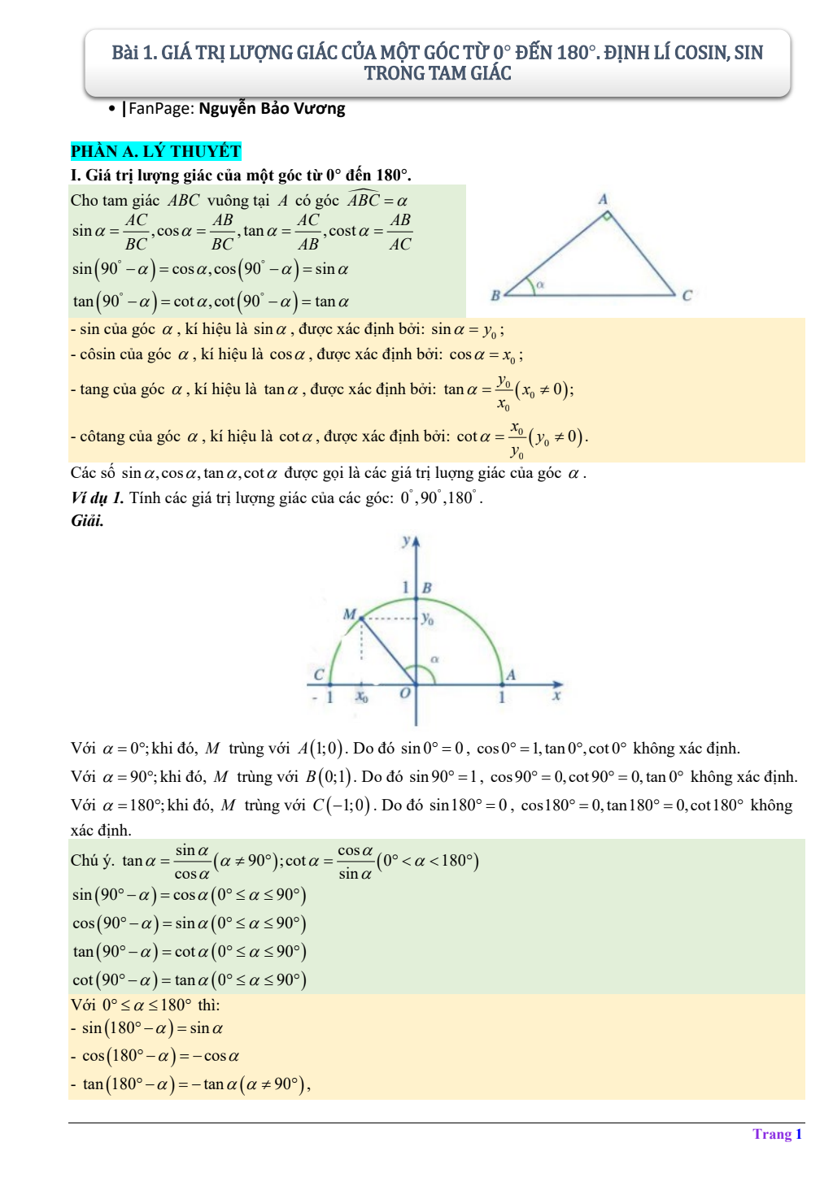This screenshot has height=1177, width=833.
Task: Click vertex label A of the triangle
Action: click(603, 199)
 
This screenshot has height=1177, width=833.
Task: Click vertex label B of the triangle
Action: click(495, 296)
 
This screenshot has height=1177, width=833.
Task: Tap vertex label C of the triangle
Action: click(687, 296)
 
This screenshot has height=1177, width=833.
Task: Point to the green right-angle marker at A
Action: click(606, 215)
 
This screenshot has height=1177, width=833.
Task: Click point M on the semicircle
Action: click(361, 619)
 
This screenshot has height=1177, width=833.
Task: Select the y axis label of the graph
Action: click(405, 541)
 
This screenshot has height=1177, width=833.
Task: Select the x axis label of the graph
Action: click(556, 696)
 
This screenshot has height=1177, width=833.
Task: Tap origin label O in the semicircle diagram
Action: click(404, 693)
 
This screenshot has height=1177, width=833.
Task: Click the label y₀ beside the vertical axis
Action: click(427, 619)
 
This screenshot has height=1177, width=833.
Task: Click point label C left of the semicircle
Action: click(319, 675)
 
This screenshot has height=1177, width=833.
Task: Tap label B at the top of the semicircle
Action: click(427, 587)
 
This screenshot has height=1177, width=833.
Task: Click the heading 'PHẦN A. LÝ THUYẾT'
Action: click(155, 151)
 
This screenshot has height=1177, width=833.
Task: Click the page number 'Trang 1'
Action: click(777, 1134)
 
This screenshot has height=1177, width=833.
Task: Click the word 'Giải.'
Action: click(87, 521)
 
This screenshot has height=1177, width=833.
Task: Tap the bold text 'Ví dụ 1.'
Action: click(97, 497)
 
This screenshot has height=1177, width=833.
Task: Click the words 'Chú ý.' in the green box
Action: click(93, 860)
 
